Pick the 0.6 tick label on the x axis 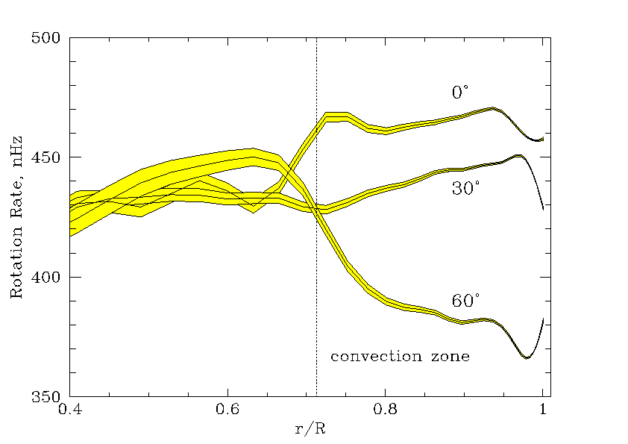227,410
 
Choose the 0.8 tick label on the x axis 385,410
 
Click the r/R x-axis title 309,429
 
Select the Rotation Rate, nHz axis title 16,216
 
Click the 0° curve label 460,93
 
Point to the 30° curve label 465,190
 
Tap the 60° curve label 465,301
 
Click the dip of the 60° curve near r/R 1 527,357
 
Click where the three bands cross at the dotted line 317,211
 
